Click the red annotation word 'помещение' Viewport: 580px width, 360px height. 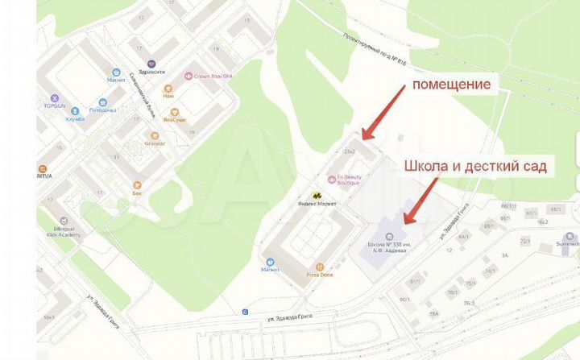tap(451, 84)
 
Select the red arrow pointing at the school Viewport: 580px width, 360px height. tap(421, 201)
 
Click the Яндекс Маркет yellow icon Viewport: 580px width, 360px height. tap(317, 196)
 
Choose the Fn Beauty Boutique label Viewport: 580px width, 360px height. tap(348, 183)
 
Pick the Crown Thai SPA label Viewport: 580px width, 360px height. tap(214, 76)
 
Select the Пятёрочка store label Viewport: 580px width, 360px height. tap(103, 110)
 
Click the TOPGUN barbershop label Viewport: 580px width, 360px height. tap(55, 106)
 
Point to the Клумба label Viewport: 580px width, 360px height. tap(76, 118)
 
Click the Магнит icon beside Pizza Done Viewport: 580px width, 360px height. tap(270, 262)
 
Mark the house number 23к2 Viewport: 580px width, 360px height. tap(350, 151)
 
